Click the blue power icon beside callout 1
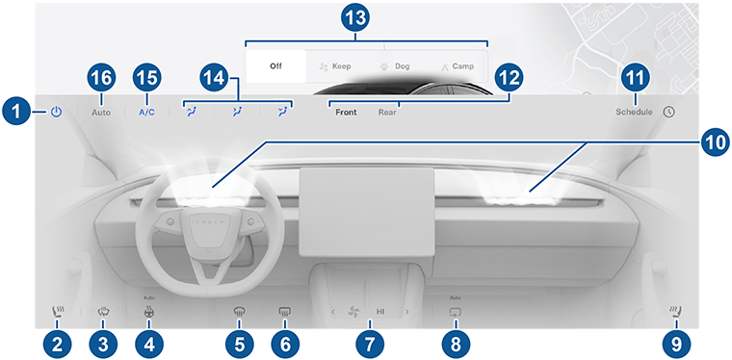tap(56, 112)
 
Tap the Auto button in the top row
tap(101, 113)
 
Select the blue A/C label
tap(146, 113)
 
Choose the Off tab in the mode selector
tap(275, 66)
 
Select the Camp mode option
tap(457, 66)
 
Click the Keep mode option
tap(335, 66)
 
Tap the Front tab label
tap(346, 113)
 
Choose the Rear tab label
tap(387, 113)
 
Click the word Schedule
tap(634, 112)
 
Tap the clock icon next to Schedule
tap(668, 112)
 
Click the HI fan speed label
tap(380, 312)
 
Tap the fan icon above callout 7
tap(353, 312)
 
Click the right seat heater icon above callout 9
tap(676, 311)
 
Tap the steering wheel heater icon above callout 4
tap(148, 312)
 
